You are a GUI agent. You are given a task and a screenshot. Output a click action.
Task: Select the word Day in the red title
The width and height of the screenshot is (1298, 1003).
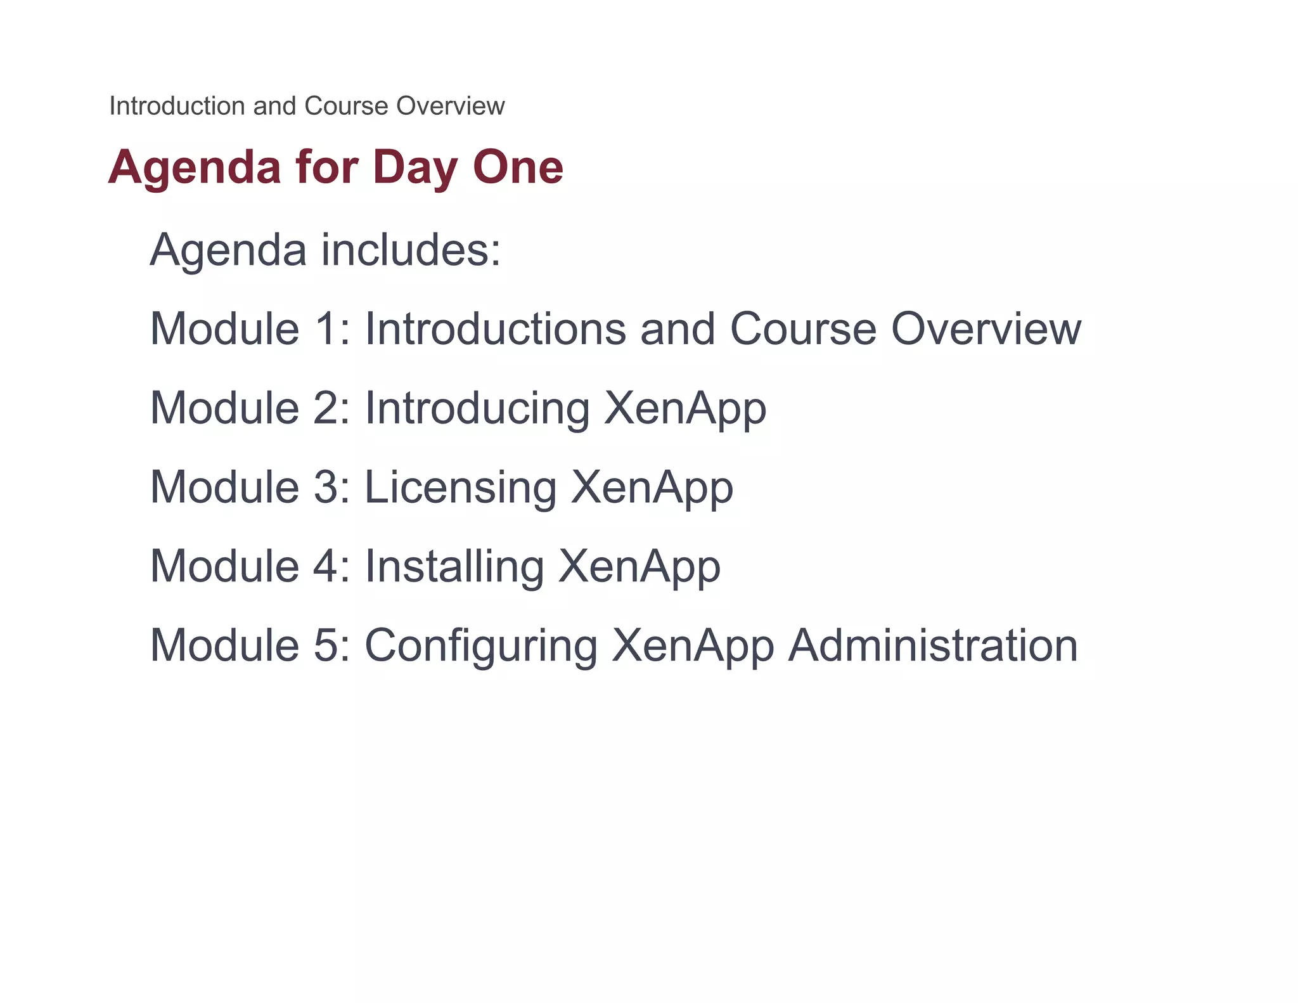[x=414, y=167]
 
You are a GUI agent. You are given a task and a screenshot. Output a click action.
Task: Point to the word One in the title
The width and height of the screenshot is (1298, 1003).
[x=518, y=167]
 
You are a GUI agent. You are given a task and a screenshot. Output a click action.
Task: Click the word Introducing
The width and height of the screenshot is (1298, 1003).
[x=477, y=409]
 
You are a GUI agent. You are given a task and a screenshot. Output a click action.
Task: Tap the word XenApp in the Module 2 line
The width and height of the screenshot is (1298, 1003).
[x=685, y=409]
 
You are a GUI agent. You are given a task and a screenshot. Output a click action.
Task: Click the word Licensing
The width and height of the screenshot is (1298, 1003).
[x=460, y=488]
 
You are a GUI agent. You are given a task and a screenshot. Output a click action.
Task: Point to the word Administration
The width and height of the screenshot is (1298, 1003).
[x=932, y=645]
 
